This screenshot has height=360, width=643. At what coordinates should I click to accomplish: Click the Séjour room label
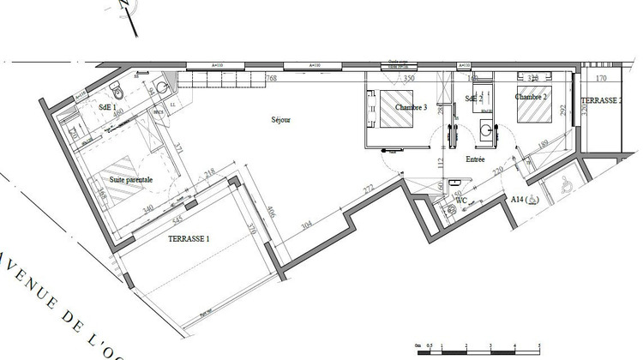tap(280, 120)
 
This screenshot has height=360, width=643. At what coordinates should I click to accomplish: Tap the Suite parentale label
tap(131, 180)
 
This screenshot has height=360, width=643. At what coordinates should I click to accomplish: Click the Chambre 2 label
tap(532, 97)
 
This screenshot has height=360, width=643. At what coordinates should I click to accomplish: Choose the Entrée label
tap(476, 159)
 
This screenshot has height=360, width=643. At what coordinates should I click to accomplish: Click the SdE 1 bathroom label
tap(108, 107)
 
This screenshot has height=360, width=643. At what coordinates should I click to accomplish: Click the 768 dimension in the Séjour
tap(272, 79)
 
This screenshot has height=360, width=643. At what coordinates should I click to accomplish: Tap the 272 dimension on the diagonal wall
tap(368, 188)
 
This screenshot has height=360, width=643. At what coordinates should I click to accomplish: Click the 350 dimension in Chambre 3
tap(409, 79)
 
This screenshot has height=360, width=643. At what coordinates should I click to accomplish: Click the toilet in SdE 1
tap(120, 92)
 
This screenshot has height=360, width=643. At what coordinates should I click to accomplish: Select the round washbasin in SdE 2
tap(488, 131)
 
